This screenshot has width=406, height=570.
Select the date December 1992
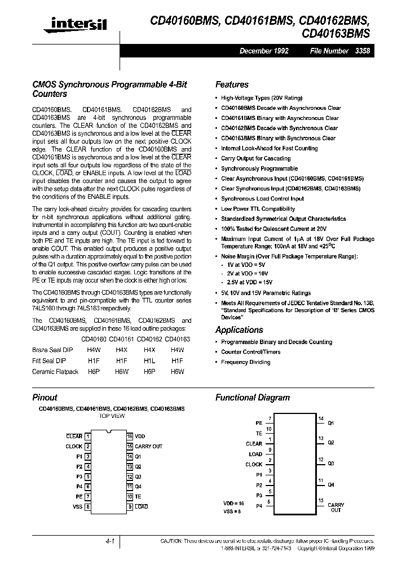coord(264,51)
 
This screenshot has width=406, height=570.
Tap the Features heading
coord(232,84)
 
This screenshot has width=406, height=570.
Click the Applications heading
coord(239,330)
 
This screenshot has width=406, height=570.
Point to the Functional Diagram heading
coord(253,398)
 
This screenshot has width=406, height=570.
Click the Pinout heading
coord(45,398)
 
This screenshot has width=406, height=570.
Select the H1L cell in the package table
coord(149,360)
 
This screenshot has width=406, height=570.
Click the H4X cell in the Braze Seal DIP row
coord(121,350)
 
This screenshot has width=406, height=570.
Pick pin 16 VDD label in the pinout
coord(140,437)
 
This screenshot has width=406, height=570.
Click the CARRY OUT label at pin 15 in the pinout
coord(148,447)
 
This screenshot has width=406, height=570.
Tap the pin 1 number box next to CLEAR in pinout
coord(87,437)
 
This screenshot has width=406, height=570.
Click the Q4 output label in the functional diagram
coord(331,484)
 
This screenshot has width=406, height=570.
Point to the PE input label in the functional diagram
coord(258,422)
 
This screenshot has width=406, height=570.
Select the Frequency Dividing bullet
coord(245,362)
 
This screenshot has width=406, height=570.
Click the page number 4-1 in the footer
coord(110,541)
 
